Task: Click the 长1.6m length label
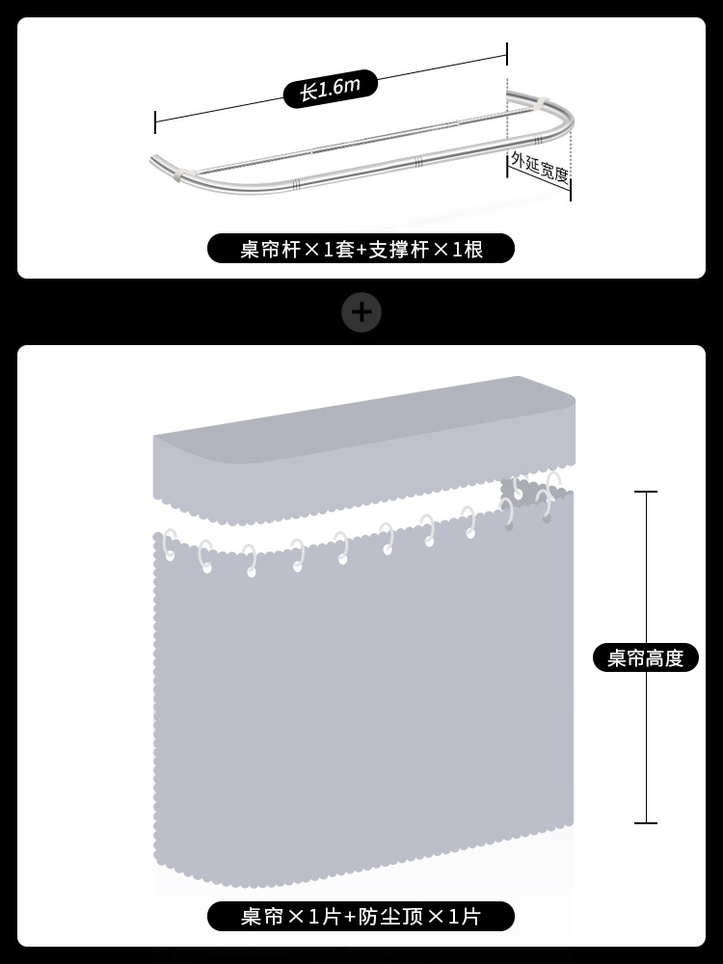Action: [329, 89]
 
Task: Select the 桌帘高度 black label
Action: [645, 657]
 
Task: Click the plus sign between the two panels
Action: [362, 312]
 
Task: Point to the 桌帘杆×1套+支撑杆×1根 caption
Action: [361, 250]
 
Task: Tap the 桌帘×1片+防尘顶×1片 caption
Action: [361, 916]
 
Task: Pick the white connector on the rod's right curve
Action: [542, 101]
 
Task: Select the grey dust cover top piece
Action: [364, 453]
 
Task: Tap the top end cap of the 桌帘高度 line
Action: [645, 492]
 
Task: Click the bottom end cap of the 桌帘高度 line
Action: [645, 823]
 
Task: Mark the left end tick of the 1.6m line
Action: [155, 121]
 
